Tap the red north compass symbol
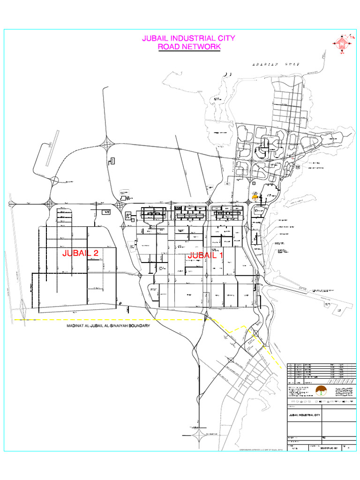[343, 44]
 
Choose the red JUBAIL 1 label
[205, 256]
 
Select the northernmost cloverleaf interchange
[107, 143]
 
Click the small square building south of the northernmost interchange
[112, 161]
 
